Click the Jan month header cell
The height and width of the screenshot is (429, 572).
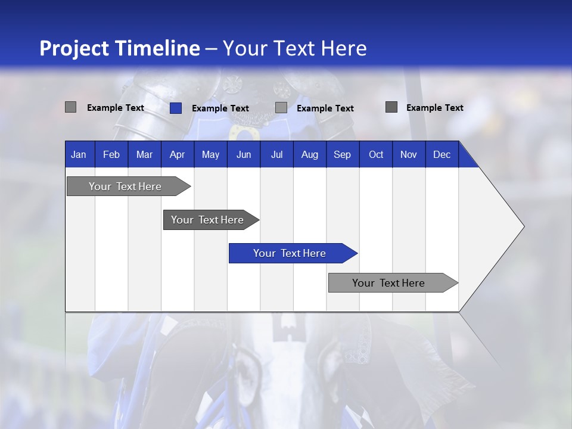click(x=79, y=154)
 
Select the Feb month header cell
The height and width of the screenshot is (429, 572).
click(x=111, y=154)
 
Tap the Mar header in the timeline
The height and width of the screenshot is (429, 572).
click(x=144, y=154)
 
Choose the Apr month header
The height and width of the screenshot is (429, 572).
click(x=178, y=154)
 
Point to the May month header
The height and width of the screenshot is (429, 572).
click(x=210, y=154)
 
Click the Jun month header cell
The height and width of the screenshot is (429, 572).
click(x=244, y=154)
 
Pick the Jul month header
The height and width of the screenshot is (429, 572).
click(x=276, y=154)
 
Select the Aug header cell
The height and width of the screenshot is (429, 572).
click(x=310, y=154)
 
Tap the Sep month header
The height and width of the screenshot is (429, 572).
click(x=343, y=154)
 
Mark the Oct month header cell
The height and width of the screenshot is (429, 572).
click(x=376, y=154)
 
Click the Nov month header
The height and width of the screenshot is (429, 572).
click(x=409, y=154)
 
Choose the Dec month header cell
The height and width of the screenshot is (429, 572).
click(x=442, y=154)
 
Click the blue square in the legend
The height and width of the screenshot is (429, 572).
click(x=176, y=108)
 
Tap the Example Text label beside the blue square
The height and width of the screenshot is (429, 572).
click(x=220, y=108)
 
